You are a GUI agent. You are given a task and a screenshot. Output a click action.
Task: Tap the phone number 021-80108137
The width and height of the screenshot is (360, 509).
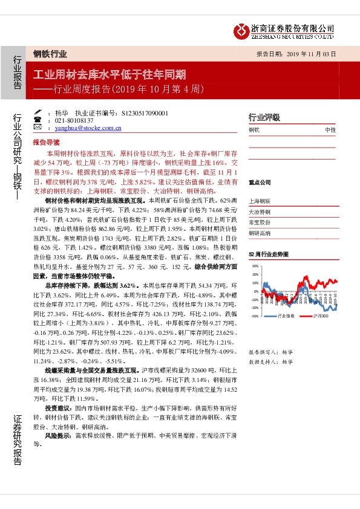(x=73, y=120)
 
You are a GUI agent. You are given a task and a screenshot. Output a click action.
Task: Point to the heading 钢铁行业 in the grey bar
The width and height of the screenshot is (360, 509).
(x=49, y=54)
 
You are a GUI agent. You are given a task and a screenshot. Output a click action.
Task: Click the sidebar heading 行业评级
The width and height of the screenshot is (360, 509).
(x=264, y=117)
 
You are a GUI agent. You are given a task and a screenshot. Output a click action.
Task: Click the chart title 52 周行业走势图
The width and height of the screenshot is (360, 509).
(x=267, y=256)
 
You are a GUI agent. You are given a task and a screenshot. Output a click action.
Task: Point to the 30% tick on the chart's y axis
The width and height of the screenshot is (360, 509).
(x=255, y=265)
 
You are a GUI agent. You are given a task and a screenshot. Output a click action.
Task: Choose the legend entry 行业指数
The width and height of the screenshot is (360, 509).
(x=284, y=316)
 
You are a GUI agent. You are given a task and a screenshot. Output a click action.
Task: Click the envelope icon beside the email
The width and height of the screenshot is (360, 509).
(x=48, y=128)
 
